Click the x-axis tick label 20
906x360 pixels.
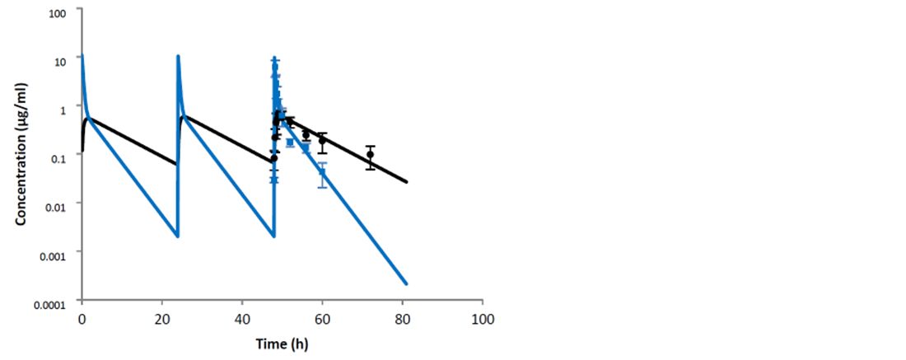tap(161, 318)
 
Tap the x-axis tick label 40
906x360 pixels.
tap(242, 318)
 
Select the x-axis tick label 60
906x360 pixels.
tap(322, 318)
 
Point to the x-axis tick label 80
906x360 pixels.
tap(403, 318)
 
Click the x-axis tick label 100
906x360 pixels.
tap(482, 318)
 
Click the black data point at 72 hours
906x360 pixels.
tap(371, 155)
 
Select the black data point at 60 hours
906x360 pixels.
tap(322, 140)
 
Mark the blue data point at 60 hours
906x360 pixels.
tap(322, 172)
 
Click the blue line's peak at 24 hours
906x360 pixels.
tap(178, 56)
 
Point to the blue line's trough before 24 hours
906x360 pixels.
tap(176, 236)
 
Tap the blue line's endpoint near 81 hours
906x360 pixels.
tap(407, 284)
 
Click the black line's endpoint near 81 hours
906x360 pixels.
tap(407, 182)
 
